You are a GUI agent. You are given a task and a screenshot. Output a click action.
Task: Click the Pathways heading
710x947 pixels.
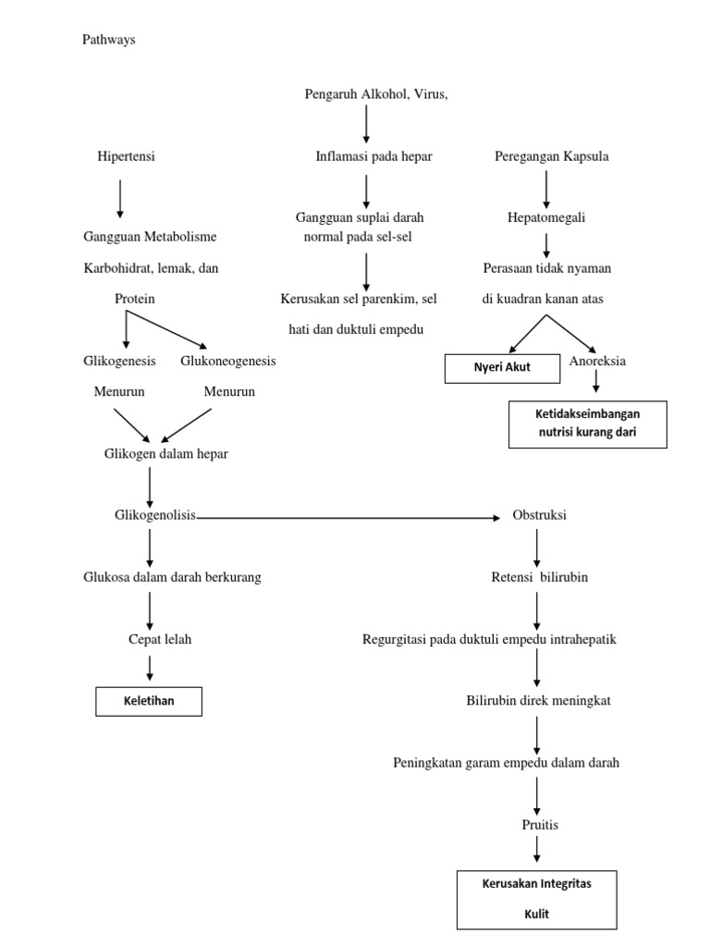tap(109, 40)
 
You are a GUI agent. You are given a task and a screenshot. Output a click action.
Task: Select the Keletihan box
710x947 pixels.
tap(149, 702)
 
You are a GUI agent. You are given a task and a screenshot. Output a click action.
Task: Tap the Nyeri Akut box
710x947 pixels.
tap(503, 367)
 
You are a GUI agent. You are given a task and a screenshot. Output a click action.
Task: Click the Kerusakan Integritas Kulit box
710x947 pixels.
tap(536, 899)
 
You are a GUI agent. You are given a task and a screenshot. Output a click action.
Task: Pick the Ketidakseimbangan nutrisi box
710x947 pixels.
tap(588, 424)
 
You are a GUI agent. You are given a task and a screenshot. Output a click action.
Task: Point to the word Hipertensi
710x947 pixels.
tap(127, 156)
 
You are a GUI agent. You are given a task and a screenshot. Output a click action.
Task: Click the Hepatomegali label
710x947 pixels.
tap(545, 218)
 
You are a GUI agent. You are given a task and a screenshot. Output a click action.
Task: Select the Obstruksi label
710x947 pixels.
tap(539, 515)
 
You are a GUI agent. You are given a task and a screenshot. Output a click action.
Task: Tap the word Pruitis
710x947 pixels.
tap(540, 824)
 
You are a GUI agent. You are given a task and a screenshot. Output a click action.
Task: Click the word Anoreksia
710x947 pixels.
tap(597, 361)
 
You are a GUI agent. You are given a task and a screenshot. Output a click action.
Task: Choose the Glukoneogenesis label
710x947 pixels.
tap(227, 361)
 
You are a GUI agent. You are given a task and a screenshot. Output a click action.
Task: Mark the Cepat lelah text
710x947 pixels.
tap(160, 639)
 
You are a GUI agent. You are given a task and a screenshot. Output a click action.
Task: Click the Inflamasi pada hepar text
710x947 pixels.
tap(373, 156)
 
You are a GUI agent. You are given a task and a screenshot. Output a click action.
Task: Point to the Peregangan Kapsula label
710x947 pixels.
tap(552, 156)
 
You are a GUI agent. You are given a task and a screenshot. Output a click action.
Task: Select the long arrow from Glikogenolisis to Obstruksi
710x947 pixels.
tap(351, 518)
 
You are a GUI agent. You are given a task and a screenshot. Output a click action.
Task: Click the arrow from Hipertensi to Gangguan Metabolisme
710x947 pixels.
tap(120, 198)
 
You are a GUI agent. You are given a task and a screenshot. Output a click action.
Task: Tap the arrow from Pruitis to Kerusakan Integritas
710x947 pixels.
tap(537, 848)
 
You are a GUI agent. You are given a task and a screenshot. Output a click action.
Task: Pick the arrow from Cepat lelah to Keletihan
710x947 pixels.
tap(150, 668)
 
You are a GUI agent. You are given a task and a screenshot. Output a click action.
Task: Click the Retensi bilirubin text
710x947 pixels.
tap(539, 577)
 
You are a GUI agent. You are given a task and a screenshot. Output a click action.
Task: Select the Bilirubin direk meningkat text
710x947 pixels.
tap(538, 700)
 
